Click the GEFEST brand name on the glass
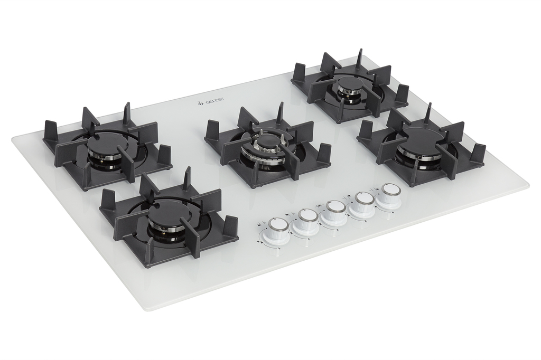pyautogui.click(x=215, y=101)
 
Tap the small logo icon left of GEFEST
pyautogui.click(x=201, y=102)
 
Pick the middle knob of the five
pyautogui.click(x=333, y=211)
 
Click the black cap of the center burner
pyautogui.click(x=266, y=141)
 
